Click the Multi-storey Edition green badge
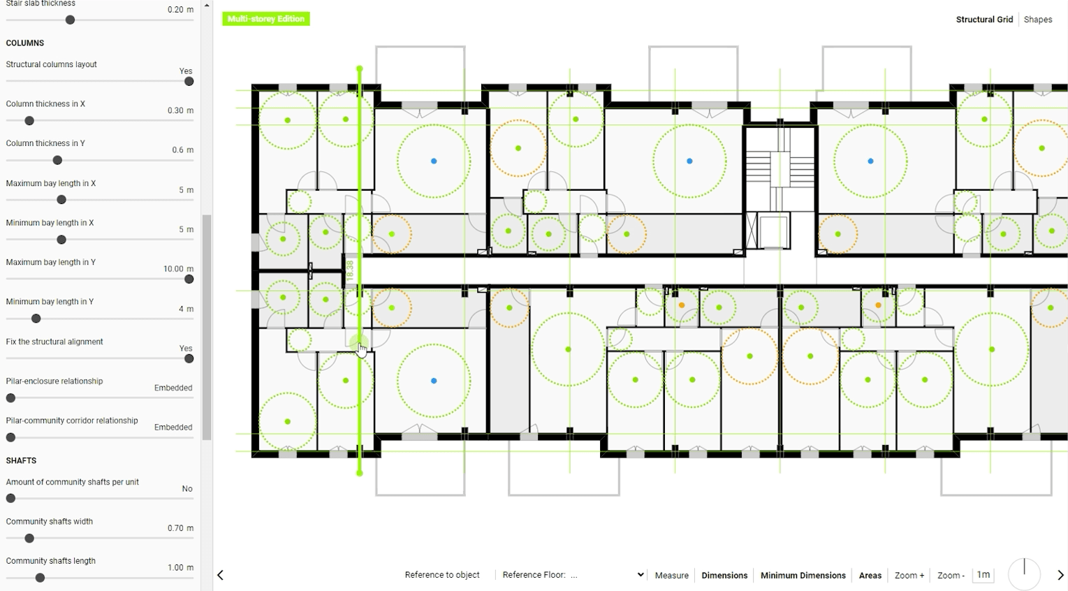[265, 19]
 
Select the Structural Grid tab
[983, 20]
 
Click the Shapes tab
[1037, 20]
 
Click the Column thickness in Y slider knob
[57, 161]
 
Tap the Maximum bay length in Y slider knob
[189, 279]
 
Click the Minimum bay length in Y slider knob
[36, 319]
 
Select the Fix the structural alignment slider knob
[189, 359]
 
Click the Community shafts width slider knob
[29, 539]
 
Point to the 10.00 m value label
[178, 269]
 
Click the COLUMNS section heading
[25, 43]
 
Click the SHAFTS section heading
[21, 461]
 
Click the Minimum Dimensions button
[803, 576]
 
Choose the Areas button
[870, 576]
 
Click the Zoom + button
[909, 576]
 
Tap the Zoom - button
[950, 576]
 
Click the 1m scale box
[983, 575]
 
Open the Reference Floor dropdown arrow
[640, 575]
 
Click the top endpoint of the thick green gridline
[360, 69]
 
